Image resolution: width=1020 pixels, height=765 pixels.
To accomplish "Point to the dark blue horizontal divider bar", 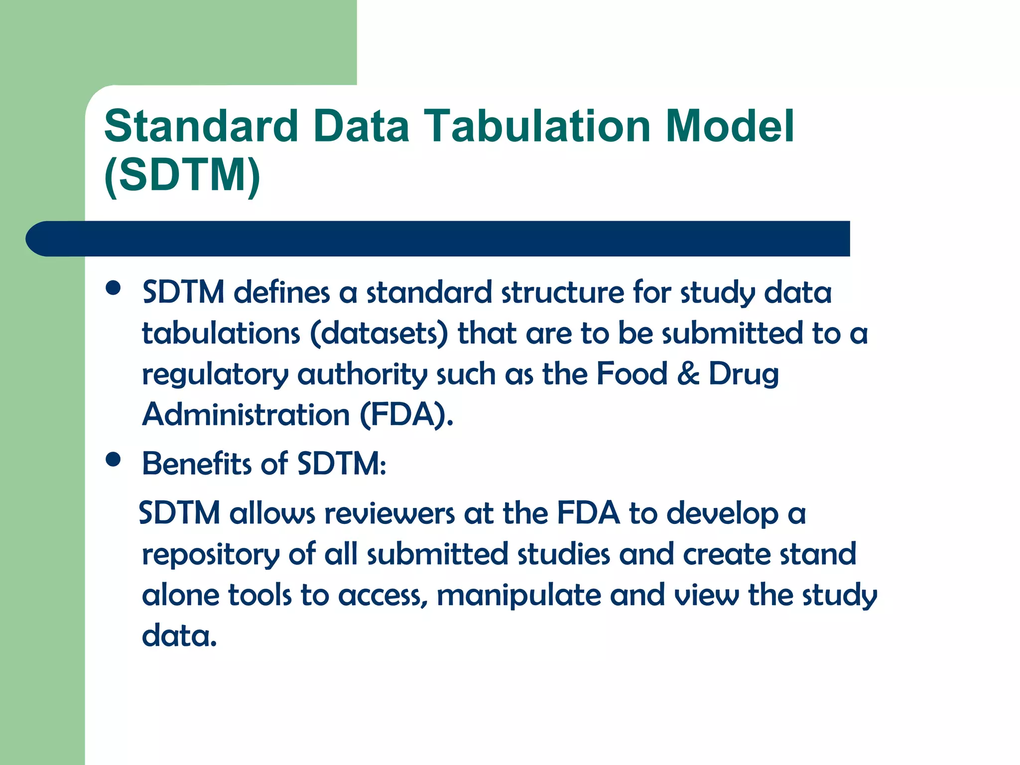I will (x=438, y=239).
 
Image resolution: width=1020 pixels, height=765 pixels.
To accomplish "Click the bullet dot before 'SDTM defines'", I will (x=114, y=288).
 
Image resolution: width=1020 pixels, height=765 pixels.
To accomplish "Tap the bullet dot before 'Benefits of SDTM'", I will (x=114, y=460).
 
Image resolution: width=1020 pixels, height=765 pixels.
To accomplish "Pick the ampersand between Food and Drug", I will (x=688, y=374).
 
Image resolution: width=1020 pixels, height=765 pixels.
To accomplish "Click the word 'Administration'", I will (x=246, y=414).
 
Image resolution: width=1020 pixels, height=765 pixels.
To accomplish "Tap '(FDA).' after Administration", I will (x=406, y=414).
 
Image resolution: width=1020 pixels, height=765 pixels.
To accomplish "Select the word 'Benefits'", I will (x=197, y=463).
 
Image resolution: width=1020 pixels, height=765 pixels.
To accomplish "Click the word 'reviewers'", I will (x=389, y=513).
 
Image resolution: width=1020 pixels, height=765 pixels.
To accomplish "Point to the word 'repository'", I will (x=211, y=555).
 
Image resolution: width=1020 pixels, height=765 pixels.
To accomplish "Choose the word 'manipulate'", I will (x=518, y=595).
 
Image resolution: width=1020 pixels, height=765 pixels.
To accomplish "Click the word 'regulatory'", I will (x=215, y=375).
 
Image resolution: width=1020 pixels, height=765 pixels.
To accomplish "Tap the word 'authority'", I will (x=362, y=375).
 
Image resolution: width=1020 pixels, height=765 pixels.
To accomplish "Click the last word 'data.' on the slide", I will (x=179, y=636).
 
